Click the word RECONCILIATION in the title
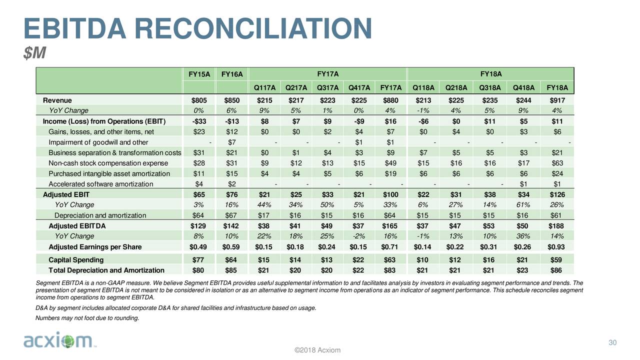253,28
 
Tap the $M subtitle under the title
34,53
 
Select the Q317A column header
327,87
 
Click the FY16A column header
231,74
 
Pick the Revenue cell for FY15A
199,100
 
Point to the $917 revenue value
557,100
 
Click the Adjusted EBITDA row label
77,226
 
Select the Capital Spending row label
76,259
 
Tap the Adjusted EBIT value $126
557,194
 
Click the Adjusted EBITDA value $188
556,226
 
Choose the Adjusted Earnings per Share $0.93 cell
556,247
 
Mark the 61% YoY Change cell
523,205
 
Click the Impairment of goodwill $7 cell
231,142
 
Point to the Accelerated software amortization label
101,184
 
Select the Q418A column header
523,87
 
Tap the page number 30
612,342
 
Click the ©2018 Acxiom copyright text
317,350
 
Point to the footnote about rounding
87,318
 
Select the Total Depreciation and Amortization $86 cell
556,270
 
